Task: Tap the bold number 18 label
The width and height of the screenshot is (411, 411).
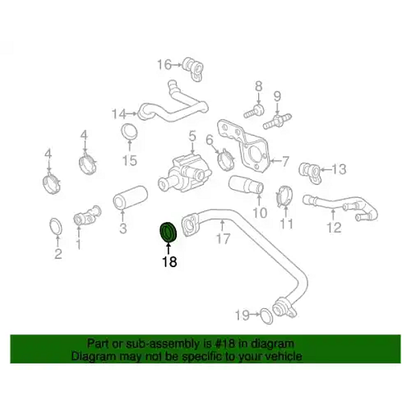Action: pyautogui.click(x=170, y=262)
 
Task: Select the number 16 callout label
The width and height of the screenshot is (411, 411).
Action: pyautogui.click(x=164, y=64)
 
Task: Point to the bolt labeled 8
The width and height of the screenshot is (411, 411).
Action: pyautogui.click(x=253, y=112)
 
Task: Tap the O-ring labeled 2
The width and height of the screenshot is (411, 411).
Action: pyautogui.click(x=56, y=226)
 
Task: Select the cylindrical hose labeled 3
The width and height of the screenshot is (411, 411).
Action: pyautogui.click(x=130, y=198)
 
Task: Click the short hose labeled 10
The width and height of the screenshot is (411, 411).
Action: pyautogui.click(x=246, y=185)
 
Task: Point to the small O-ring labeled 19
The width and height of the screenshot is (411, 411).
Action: pyautogui.click(x=267, y=316)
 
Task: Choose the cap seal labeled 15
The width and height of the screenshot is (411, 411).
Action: pyautogui.click(x=129, y=132)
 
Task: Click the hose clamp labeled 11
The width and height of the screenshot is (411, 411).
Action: pyautogui.click(x=284, y=197)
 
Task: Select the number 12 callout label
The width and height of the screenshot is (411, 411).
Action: pyautogui.click(x=334, y=227)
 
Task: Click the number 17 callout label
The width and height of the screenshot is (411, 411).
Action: pyautogui.click(x=223, y=238)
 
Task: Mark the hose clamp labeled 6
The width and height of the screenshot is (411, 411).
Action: pyautogui.click(x=225, y=160)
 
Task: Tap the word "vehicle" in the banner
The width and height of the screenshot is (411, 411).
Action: pyautogui.click(x=283, y=356)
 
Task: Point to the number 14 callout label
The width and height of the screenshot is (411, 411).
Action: pyautogui.click(x=119, y=114)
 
